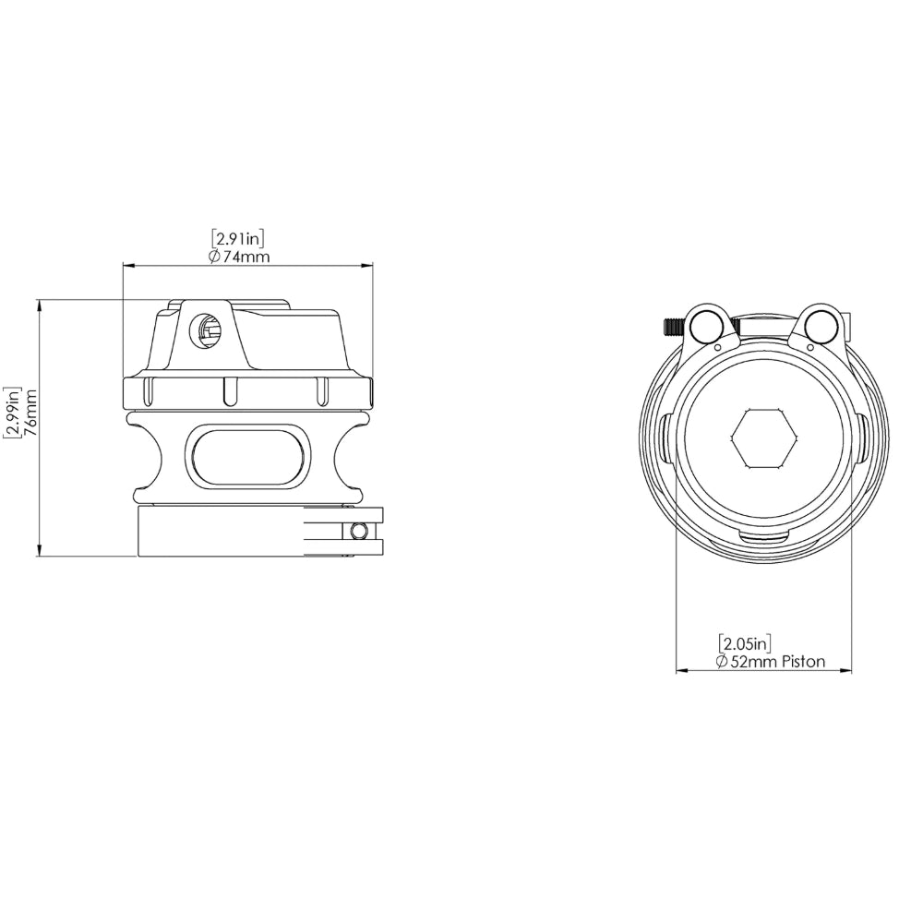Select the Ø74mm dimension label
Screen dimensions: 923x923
pyautogui.click(x=239, y=257)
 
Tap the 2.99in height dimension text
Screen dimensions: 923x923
pyautogui.click(x=12, y=413)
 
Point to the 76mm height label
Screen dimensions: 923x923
pyautogui.click(x=31, y=412)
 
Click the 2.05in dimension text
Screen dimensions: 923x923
pyautogui.click(x=745, y=642)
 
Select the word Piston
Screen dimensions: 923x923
pyautogui.click(x=804, y=662)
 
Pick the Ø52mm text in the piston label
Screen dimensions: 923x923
pyautogui.click(x=747, y=662)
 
